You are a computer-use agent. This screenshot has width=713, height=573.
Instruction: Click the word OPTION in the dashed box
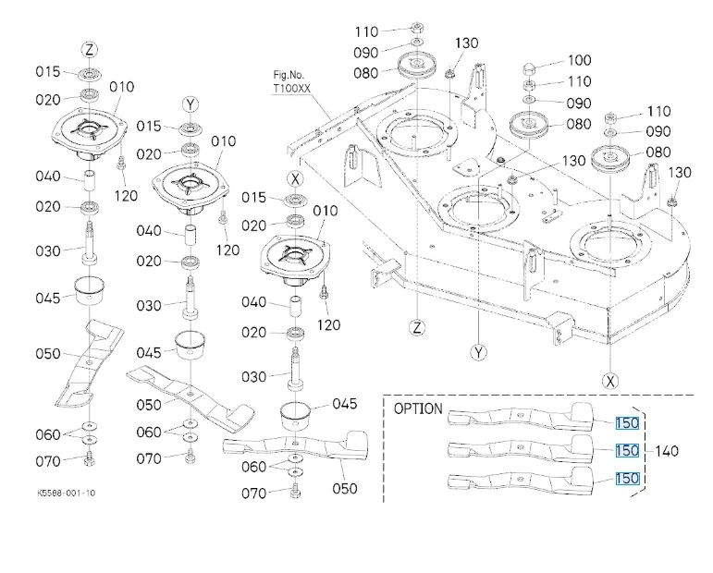coord(418,409)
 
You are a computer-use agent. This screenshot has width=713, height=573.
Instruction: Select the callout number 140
coord(667,451)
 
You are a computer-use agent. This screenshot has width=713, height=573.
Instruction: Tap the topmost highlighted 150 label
coord(628,423)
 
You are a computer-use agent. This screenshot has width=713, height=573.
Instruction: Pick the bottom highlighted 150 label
coord(628,479)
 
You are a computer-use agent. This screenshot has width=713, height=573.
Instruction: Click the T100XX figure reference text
coord(291,88)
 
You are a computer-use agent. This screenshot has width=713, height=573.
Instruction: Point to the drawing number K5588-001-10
coord(67,493)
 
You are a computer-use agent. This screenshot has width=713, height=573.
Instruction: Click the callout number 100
coord(579,60)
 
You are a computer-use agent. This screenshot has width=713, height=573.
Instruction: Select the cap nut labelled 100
coord(529,69)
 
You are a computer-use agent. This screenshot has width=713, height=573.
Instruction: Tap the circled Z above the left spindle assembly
coord(90,50)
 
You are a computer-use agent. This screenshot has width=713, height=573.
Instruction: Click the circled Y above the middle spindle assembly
coord(191,105)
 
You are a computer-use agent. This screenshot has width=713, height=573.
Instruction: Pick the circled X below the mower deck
coord(610,381)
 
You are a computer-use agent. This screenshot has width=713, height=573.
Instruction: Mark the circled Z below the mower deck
coord(417,327)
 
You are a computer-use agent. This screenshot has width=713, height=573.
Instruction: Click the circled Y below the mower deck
coord(478,352)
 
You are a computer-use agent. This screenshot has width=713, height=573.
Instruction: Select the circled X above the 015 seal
coord(296,179)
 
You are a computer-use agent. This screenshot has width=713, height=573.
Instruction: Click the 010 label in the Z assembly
coord(122,87)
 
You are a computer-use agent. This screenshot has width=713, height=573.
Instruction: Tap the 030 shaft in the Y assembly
coord(191,298)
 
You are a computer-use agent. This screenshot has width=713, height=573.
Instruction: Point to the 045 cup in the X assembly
coord(296,416)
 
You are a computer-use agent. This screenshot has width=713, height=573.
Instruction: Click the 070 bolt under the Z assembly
coord(90,460)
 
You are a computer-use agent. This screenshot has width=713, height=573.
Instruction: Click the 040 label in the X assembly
coord(253,302)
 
